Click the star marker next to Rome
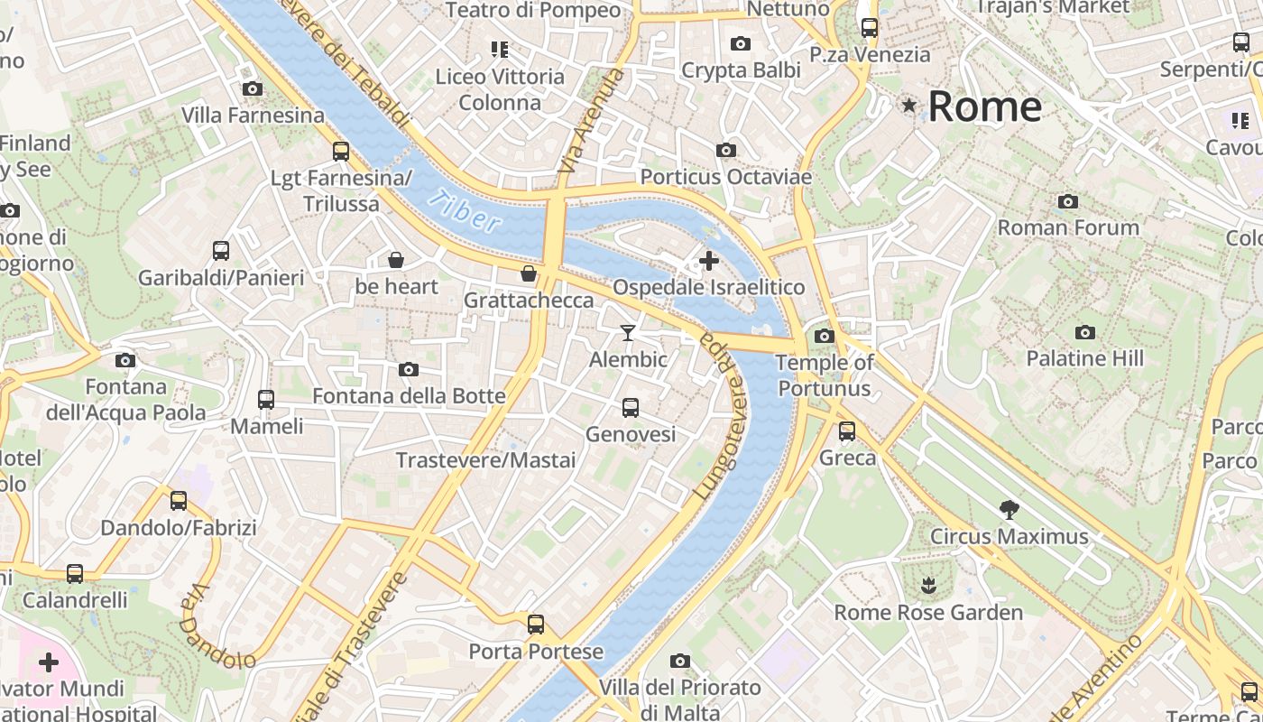coord(909,106)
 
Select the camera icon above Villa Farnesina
coord(253,88)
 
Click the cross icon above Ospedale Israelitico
coord(709,261)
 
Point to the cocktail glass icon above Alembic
coord(628,333)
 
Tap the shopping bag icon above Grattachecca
coord(529,273)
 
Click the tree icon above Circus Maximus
coord(1009,510)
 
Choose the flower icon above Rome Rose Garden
coord(928,587)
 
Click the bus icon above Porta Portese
coord(536,625)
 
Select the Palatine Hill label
coord(1084,358)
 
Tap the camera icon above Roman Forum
coord(1068,201)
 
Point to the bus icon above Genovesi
coord(631,408)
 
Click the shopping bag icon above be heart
coord(396,261)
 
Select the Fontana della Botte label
coord(409,396)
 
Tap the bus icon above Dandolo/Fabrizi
coord(179,501)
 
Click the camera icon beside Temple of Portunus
coord(824,337)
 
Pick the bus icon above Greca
coord(847,431)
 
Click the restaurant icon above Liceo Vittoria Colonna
coord(500,50)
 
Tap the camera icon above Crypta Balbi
coord(741,43)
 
